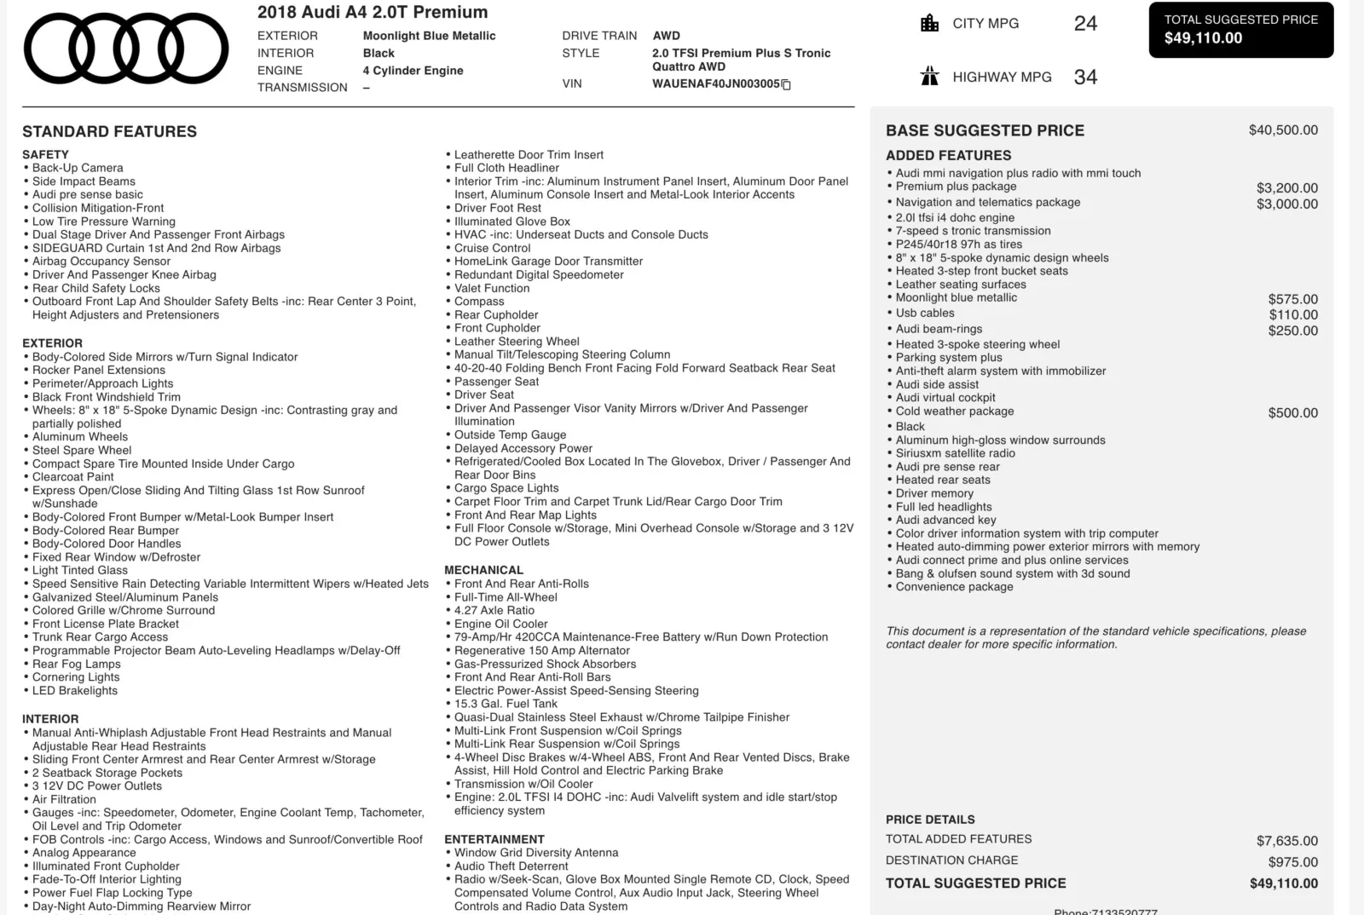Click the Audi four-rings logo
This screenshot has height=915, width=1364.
coord(126,49)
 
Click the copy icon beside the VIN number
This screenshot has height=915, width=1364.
coord(786,84)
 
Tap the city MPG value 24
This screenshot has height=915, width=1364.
coord(1085,24)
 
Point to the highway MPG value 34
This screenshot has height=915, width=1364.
coord(1085,78)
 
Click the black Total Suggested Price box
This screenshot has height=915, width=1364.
coord(1240,30)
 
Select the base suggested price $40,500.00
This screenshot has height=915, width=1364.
coord(1283,130)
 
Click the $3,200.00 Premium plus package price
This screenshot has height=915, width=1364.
coord(1286,188)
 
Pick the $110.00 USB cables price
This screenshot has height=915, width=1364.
coord(1292,315)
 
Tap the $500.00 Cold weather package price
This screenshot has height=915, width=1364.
coord(1292,413)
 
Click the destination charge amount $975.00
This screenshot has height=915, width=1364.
coord(1292,862)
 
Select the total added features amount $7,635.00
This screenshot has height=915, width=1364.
coord(1286,841)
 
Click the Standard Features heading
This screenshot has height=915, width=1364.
coord(109,132)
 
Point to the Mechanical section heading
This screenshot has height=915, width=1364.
coord(483,570)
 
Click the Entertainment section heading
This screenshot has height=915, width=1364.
coord(494,839)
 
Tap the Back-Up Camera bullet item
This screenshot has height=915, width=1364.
coord(78,168)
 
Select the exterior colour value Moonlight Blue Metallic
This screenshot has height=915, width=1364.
coord(429,36)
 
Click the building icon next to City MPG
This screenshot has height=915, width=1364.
coord(929,23)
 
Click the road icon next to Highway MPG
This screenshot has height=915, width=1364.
coord(929,77)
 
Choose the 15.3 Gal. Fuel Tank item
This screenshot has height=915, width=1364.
coord(506,704)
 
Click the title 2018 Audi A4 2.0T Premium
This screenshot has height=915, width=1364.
coord(373,12)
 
